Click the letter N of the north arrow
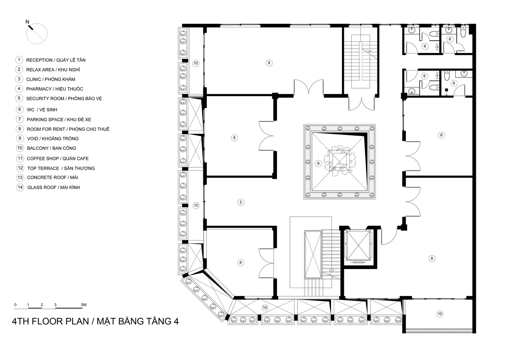click(x=27, y=22)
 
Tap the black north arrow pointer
click(x=32, y=27)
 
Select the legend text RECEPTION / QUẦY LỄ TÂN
click(x=56, y=60)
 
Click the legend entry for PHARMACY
click(x=54, y=89)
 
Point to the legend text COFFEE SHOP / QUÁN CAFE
click(x=58, y=158)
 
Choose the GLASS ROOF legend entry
click(x=53, y=188)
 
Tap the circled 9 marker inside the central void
click(x=318, y=163)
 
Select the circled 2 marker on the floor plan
click(x=241, y=202)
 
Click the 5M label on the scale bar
click(x=83, y=305)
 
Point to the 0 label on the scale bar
click(x=15, y=305)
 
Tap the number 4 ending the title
click(x=176, y=321)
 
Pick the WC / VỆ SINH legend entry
click(x=42, y=110)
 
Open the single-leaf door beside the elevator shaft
click(x=388, y=237)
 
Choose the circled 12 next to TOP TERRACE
click(x=20, y=168)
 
